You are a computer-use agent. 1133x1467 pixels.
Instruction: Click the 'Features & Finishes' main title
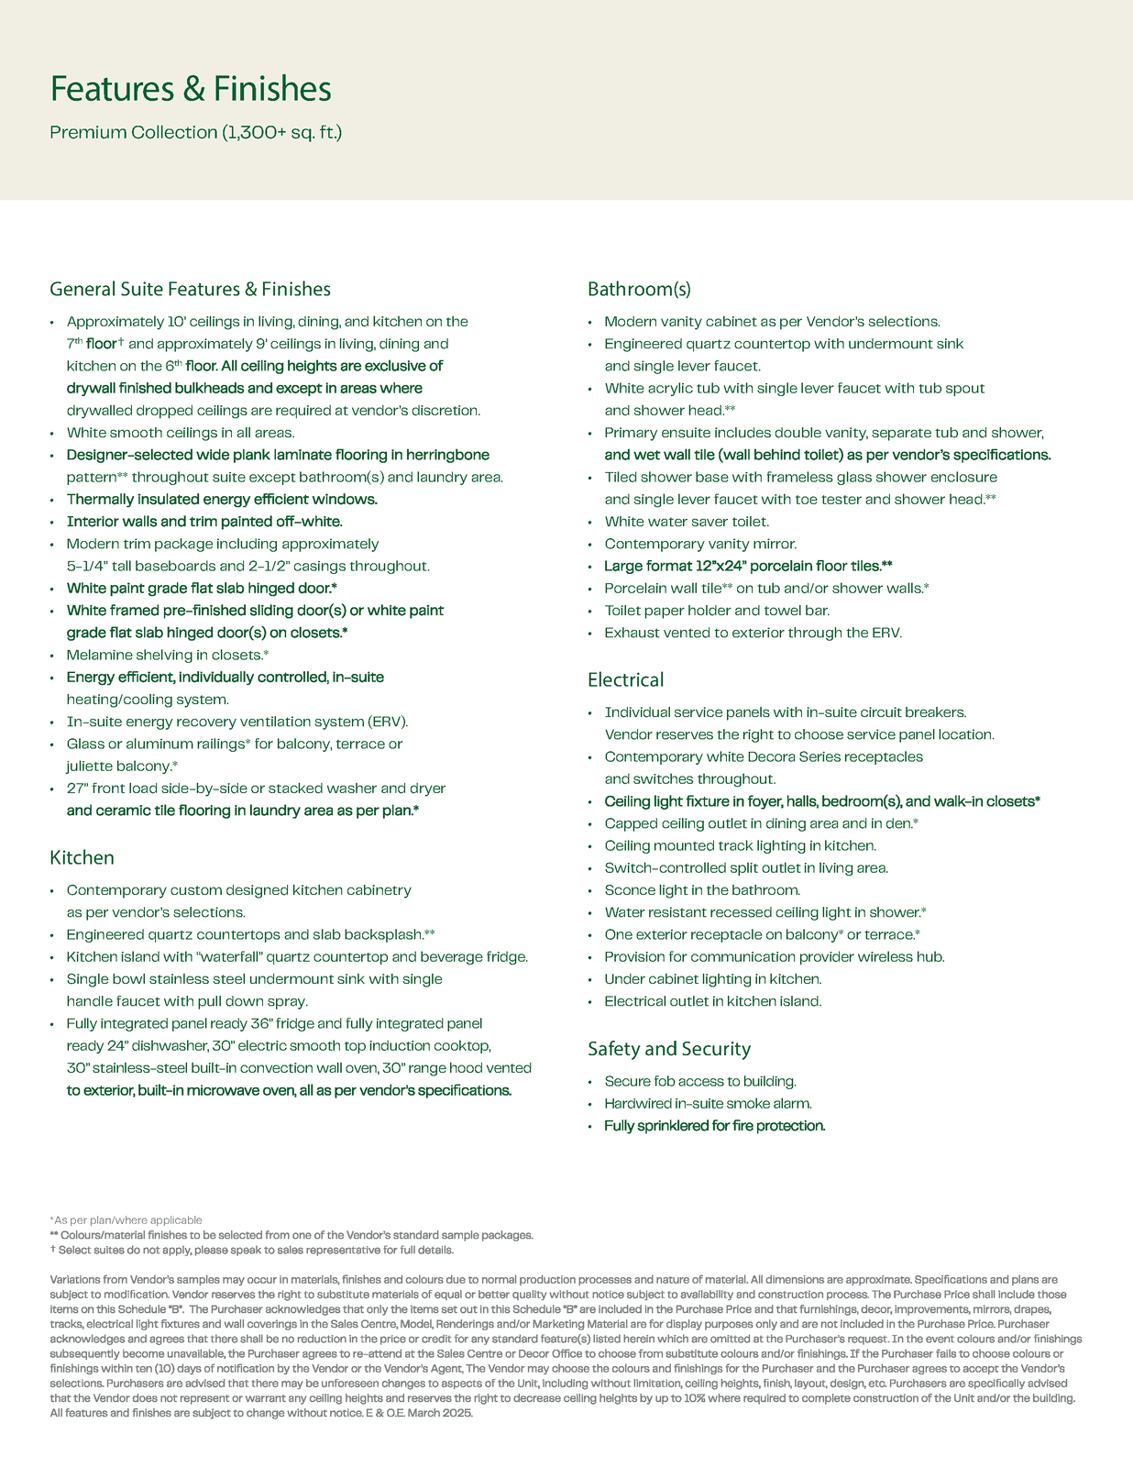pos(191,89)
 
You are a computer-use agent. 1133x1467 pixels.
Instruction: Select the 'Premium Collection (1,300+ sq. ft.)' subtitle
pos(195,132)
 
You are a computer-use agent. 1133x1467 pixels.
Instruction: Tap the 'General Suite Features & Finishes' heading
pos(190,289)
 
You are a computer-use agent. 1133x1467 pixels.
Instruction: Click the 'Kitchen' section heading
pos(82,857)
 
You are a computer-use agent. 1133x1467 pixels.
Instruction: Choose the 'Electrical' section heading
pos(625,679)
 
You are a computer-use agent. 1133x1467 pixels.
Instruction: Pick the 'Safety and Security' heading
pos(668,1048)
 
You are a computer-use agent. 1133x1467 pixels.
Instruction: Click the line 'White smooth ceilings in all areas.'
pos(181,432)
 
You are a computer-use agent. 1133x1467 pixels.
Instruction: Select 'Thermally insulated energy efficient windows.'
pos(222,499)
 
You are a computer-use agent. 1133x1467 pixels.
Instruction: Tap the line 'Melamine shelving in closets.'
pos(167,655)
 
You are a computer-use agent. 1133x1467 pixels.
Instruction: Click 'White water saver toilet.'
pos(687,522)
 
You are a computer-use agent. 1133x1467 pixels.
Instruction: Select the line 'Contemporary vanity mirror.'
pos(700,544)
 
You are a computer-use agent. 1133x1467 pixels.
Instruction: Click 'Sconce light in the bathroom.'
pos(702,889)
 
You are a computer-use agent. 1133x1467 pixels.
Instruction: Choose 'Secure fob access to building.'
pos(700,1081)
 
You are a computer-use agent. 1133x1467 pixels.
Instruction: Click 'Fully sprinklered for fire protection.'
pos(714,1125)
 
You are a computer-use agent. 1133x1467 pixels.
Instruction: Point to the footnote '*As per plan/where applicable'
pos(126,1219)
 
